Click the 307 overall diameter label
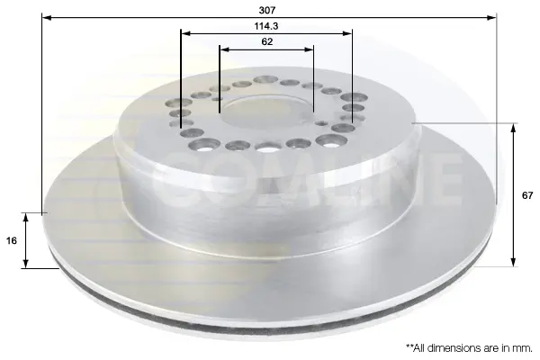point(267,10)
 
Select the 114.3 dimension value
point(266,26)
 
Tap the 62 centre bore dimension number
point(267,41)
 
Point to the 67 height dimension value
point(527,195)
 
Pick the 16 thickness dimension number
point(12,240)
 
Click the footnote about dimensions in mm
point(469,348)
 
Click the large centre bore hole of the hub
point(265,113)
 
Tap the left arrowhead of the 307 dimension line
point(46,17)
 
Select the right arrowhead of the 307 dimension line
point(492,17)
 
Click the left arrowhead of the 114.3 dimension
point(185,33)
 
